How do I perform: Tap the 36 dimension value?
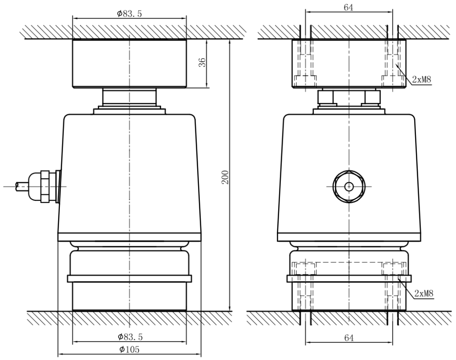[x=203, y=63]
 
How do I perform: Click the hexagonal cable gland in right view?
[x=349, y=186]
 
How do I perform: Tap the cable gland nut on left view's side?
[x=45, y=185]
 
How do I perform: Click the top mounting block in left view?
[x=129, y=63]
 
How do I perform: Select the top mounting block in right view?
[x=349, y=63]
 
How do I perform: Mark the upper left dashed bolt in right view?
[x=305, y=63]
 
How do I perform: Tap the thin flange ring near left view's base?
[x=129, y=279]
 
